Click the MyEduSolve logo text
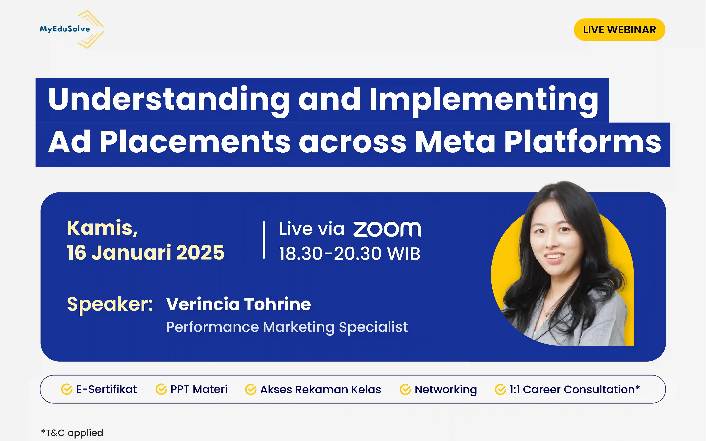(65, 29)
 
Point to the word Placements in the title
(195, 142)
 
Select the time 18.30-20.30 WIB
(349, 253)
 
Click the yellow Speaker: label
(110, 304)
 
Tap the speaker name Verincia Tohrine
(239, 304)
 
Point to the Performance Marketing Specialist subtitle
(287, 327)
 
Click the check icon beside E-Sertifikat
(67, 389)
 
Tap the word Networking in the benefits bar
(445, 390)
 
